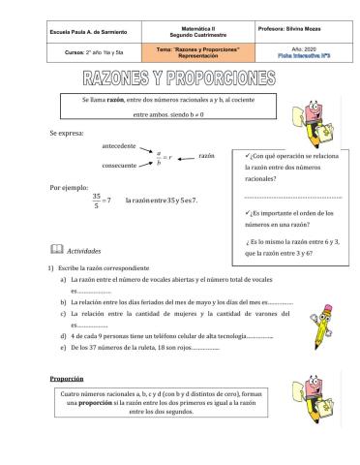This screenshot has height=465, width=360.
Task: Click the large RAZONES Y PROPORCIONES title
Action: (x=180, y=77)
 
